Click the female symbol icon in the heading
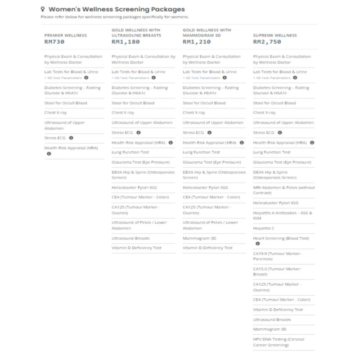coord(43,9)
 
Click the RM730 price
coord(54,42)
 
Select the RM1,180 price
coord(126,42)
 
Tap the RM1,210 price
coord(197,42)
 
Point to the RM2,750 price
coord(267,42)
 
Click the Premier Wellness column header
coord(66,35)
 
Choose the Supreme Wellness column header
coord(275,35)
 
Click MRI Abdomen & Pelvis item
coord(284,190)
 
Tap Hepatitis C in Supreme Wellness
coord(264,228)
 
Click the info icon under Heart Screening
coord(258,243)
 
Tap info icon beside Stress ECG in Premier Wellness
coord(71,138)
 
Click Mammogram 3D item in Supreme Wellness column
coord(270,329)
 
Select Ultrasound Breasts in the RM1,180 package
coord(130,238)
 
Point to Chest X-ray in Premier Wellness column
coord(56,113)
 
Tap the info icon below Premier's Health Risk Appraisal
coord(49,153)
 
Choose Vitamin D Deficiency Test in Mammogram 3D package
coord(207,248)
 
